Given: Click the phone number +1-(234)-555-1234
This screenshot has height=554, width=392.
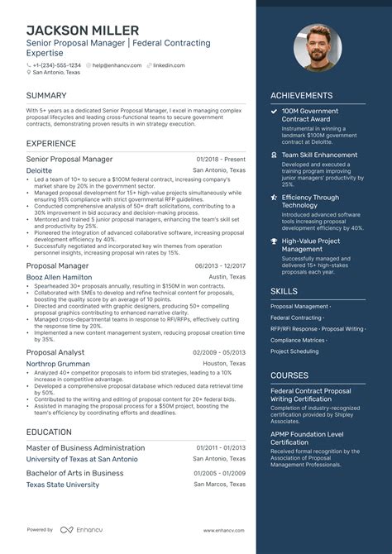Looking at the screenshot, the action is [56, 65].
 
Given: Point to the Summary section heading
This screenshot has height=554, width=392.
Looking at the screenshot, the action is [46, 96].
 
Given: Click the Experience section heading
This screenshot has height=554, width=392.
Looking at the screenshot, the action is [52, 142].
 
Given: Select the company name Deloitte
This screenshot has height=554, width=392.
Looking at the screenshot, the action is [38, 170].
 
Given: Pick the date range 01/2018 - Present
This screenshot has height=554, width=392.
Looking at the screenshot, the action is [222, 159].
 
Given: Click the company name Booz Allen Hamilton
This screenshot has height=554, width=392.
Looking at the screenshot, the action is [59, 277].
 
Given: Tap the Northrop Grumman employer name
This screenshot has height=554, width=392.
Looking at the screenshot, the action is [58, 363].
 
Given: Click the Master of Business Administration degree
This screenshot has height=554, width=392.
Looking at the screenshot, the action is [85, 447].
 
